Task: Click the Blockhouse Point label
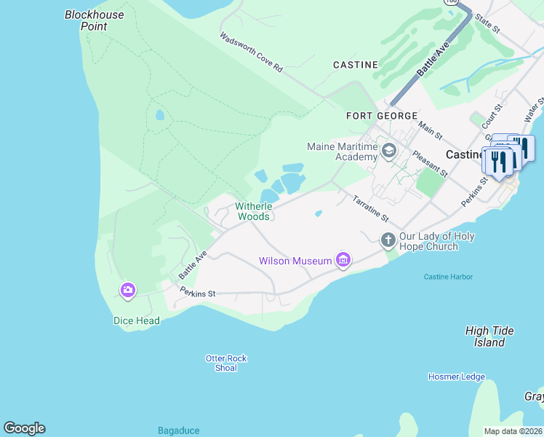[94, 20]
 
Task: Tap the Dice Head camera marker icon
[128, 291]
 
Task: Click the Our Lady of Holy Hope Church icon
[388, 239]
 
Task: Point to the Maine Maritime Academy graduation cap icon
[389, 151]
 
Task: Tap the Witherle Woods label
[253, 211]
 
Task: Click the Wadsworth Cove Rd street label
[251, 52]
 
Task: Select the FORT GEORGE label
[382, 116]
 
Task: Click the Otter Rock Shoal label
[226, 363]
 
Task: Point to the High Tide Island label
[489, 336]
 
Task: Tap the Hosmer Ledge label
[456, 377]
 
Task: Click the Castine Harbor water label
[448, 277]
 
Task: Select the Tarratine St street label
[371, 209]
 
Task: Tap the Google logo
[24, 428]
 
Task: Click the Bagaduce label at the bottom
[179, 430]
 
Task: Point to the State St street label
[487, 23]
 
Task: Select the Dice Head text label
[136, 320]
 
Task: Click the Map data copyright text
[513, 431]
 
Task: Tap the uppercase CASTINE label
[356, 65]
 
